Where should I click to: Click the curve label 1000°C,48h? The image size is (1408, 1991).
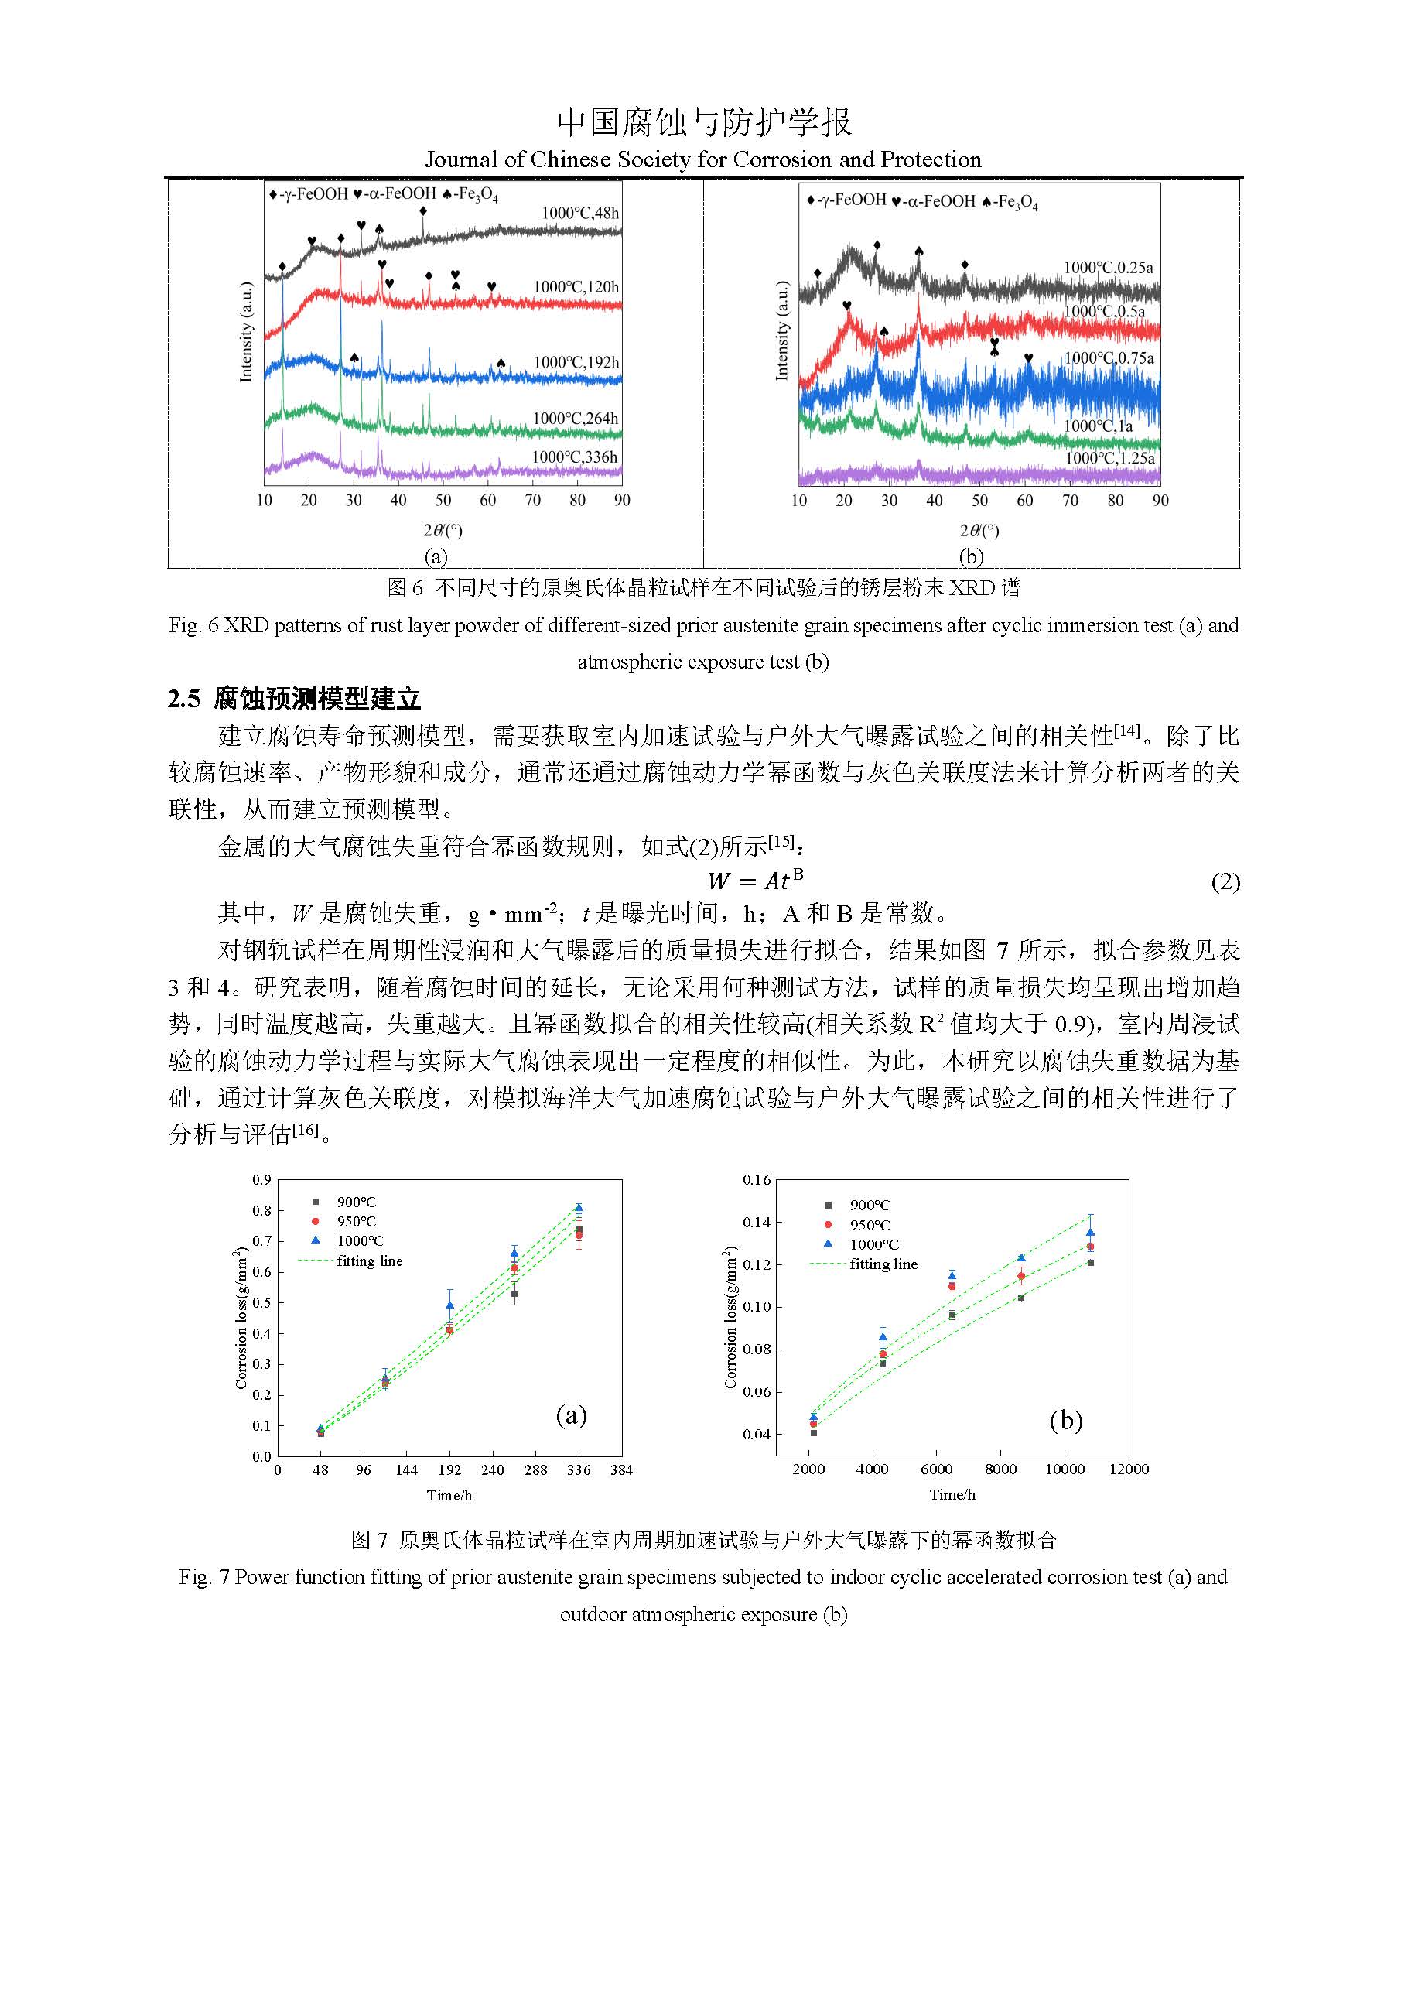[580, 213]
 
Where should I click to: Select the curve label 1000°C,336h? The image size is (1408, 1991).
[575, 457]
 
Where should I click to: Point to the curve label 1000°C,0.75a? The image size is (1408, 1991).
[1109, 358]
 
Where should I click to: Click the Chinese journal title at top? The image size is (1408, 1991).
[704, 122]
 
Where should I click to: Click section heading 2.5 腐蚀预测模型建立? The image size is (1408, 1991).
[294, 698]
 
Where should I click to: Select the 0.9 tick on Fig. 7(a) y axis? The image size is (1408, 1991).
[261, 1179]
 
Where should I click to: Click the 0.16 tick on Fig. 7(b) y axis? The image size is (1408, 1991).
[757, 1179]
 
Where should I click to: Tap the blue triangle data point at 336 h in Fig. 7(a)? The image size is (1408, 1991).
[579, 1207]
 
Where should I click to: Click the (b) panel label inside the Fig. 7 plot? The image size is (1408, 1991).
[1065, 1419]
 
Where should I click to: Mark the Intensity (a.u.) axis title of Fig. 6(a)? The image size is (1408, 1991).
[246, 332]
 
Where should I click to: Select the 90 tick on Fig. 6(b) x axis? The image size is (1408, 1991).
[1160, 501]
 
